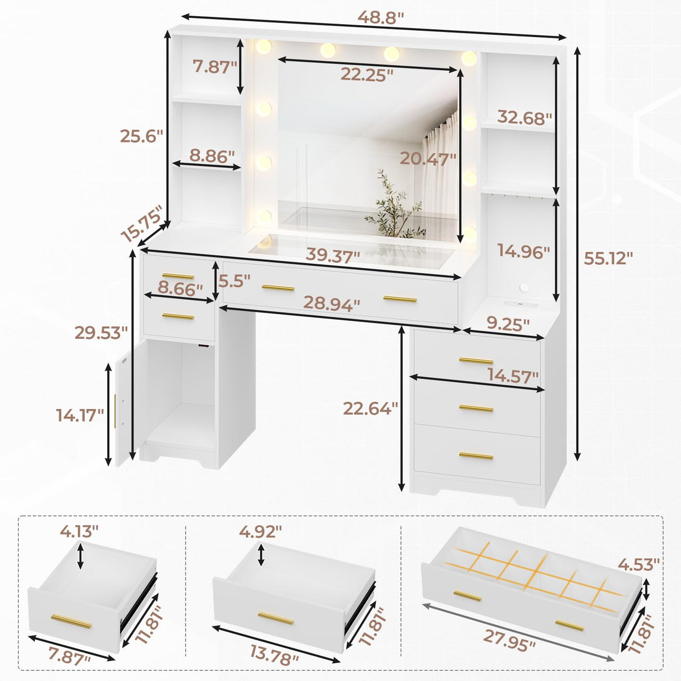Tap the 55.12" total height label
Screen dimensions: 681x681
[608, 258]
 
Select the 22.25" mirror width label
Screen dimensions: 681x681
[367, 75]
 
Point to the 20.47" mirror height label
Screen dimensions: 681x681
[428, 159]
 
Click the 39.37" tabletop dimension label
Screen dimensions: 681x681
[333, 256]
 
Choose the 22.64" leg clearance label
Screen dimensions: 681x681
[371, 408]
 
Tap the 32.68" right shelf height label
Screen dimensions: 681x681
[524, 118]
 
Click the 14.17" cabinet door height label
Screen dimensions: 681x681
[80, 415]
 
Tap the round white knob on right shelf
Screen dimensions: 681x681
[524, 288]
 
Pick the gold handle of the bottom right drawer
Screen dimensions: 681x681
[476, 455]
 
